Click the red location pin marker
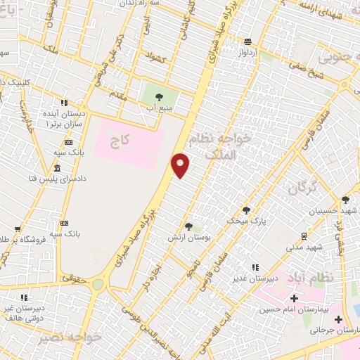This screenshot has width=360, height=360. point(181,165)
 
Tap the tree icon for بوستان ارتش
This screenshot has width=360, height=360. point(188,226)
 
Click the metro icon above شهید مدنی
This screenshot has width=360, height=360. point(304,236)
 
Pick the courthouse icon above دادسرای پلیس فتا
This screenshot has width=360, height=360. point(56,169)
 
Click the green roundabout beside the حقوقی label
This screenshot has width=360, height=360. point(97,285)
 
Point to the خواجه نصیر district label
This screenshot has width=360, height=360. point(71,337)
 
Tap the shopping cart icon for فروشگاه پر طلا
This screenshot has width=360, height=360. point(17,229)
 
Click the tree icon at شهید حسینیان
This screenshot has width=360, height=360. point(345,199)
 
